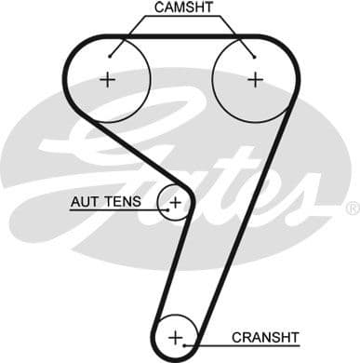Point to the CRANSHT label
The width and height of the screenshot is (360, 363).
[x=270, y=336]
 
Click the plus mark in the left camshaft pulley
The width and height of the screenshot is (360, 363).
[x=108, y=80]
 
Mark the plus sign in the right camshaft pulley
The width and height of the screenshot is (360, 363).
[x=254, y=80]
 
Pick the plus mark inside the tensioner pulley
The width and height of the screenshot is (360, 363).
[x=174, y=200]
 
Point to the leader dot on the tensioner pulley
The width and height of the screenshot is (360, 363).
[x=166, y=209]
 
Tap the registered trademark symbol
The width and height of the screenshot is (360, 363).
[x=352, y=207]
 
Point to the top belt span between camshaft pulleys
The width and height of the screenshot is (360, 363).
[x=181, y=39]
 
